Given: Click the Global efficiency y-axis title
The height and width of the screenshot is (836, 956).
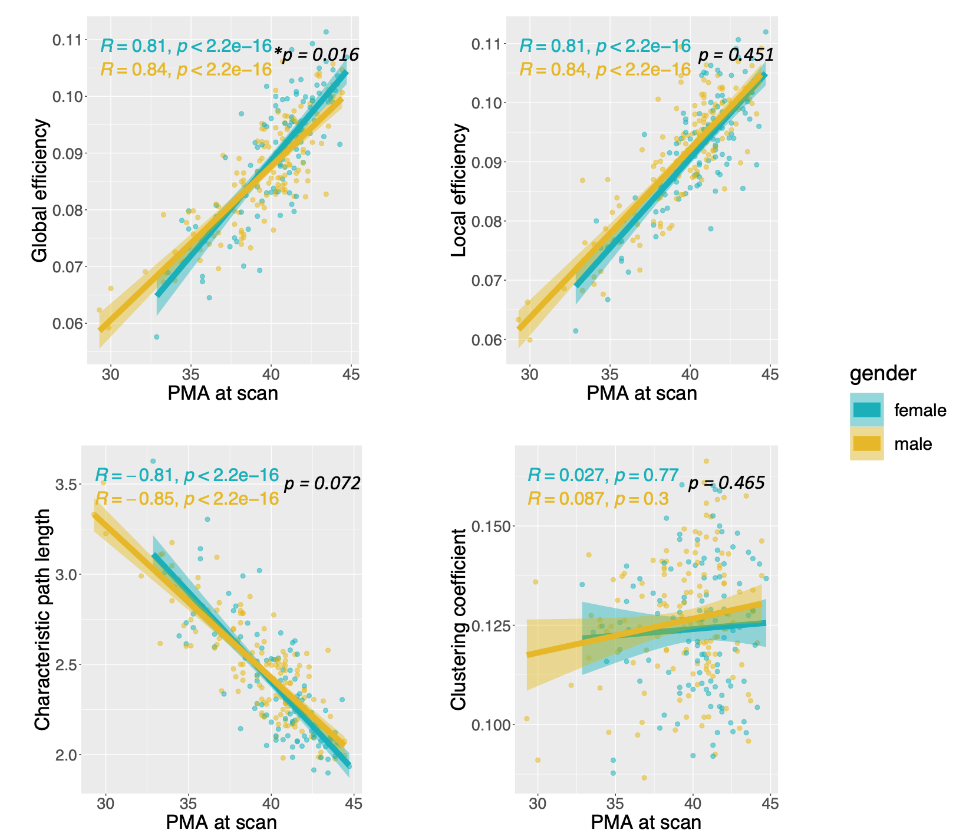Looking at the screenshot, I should pos(40,190).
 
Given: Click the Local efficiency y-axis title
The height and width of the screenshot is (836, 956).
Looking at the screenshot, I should pos(459,190).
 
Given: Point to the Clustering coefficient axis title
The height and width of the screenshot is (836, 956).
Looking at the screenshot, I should pos(459,619).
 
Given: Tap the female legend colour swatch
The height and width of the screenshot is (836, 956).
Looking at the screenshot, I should pos(866,410).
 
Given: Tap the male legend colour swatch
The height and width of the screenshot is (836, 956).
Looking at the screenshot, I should pos(866,443).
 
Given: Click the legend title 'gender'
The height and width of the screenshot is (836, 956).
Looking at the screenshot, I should pos(882,373).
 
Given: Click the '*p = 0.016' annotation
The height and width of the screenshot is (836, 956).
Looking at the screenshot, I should pos(317,55).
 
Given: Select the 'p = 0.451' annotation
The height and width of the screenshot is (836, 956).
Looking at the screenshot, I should pos(736,55).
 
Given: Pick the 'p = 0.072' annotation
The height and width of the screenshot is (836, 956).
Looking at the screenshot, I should pos(322,484).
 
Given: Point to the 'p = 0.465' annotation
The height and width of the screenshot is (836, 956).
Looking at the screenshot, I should pos(726,483).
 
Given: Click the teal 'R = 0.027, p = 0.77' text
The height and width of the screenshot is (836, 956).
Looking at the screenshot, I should pos(603,475).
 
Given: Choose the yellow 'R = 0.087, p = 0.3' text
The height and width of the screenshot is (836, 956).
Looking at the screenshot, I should pos(598,499).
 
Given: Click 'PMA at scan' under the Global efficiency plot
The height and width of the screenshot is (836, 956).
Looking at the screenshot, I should pos(222,393).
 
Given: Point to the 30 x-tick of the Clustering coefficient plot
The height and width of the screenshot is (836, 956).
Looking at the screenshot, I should pos(537,804).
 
